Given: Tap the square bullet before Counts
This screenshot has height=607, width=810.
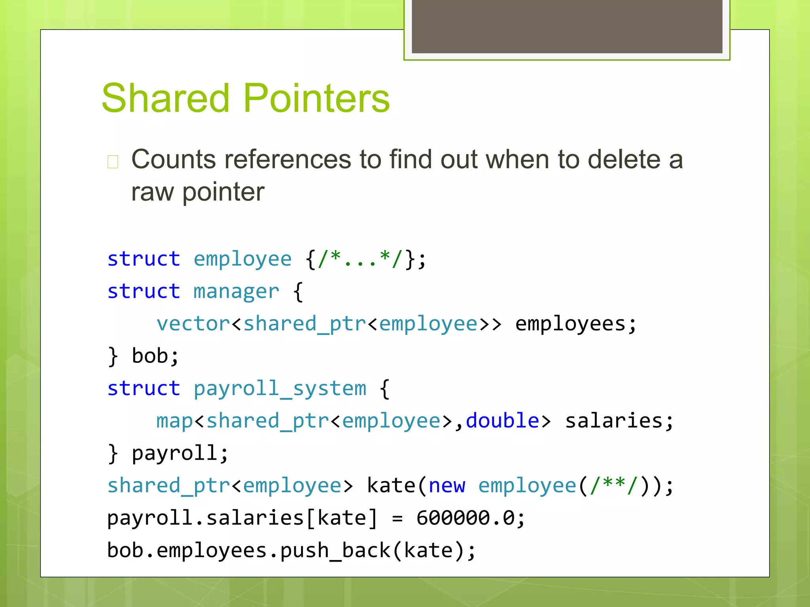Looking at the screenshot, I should coord(113,162).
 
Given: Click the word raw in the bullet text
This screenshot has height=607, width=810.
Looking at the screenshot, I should coord(152,192).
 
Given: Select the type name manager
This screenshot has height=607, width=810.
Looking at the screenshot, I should coord(236,292).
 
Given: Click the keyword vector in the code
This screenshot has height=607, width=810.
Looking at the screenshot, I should coord(193,324).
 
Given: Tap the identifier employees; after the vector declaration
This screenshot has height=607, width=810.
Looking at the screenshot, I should coord(575,324).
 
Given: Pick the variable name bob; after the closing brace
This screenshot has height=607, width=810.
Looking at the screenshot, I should coord(155,356).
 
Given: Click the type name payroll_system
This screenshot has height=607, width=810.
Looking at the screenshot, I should coord(280,388).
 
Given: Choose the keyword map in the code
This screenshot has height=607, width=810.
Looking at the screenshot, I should coord(174,421).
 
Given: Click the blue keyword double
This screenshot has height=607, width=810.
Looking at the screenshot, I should coord(502,421).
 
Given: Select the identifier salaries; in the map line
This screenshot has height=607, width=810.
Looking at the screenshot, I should coord(619,421).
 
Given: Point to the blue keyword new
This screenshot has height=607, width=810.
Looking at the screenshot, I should coord(447,486).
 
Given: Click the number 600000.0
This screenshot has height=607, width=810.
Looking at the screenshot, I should coord(465,518).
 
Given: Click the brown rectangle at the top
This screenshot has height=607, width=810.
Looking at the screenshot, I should coord(567,26).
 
